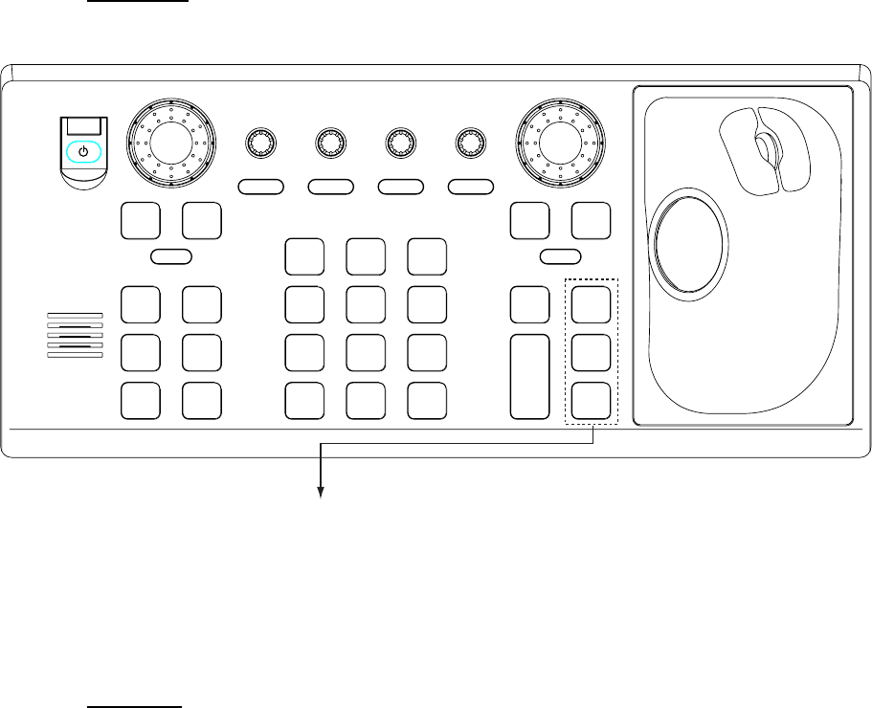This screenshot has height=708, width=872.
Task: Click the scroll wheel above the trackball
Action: click(763, 147)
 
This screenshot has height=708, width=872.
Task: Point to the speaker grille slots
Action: click(74, 334)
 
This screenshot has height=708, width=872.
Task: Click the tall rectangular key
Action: click(530, 376)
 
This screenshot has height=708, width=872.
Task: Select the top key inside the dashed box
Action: click(592, 304)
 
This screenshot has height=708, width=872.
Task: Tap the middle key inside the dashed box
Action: click(592, 352)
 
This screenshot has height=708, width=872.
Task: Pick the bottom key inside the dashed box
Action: click(592, 400)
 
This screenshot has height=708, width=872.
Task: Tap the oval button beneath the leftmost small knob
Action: click(260, 186)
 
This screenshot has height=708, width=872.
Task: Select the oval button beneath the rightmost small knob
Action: click(471, 186)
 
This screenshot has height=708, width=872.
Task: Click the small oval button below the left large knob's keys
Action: click(172, 255)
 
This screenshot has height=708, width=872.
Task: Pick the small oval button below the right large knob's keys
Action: click(561, 255)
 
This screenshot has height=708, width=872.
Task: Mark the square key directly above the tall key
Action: click(530, 304)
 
